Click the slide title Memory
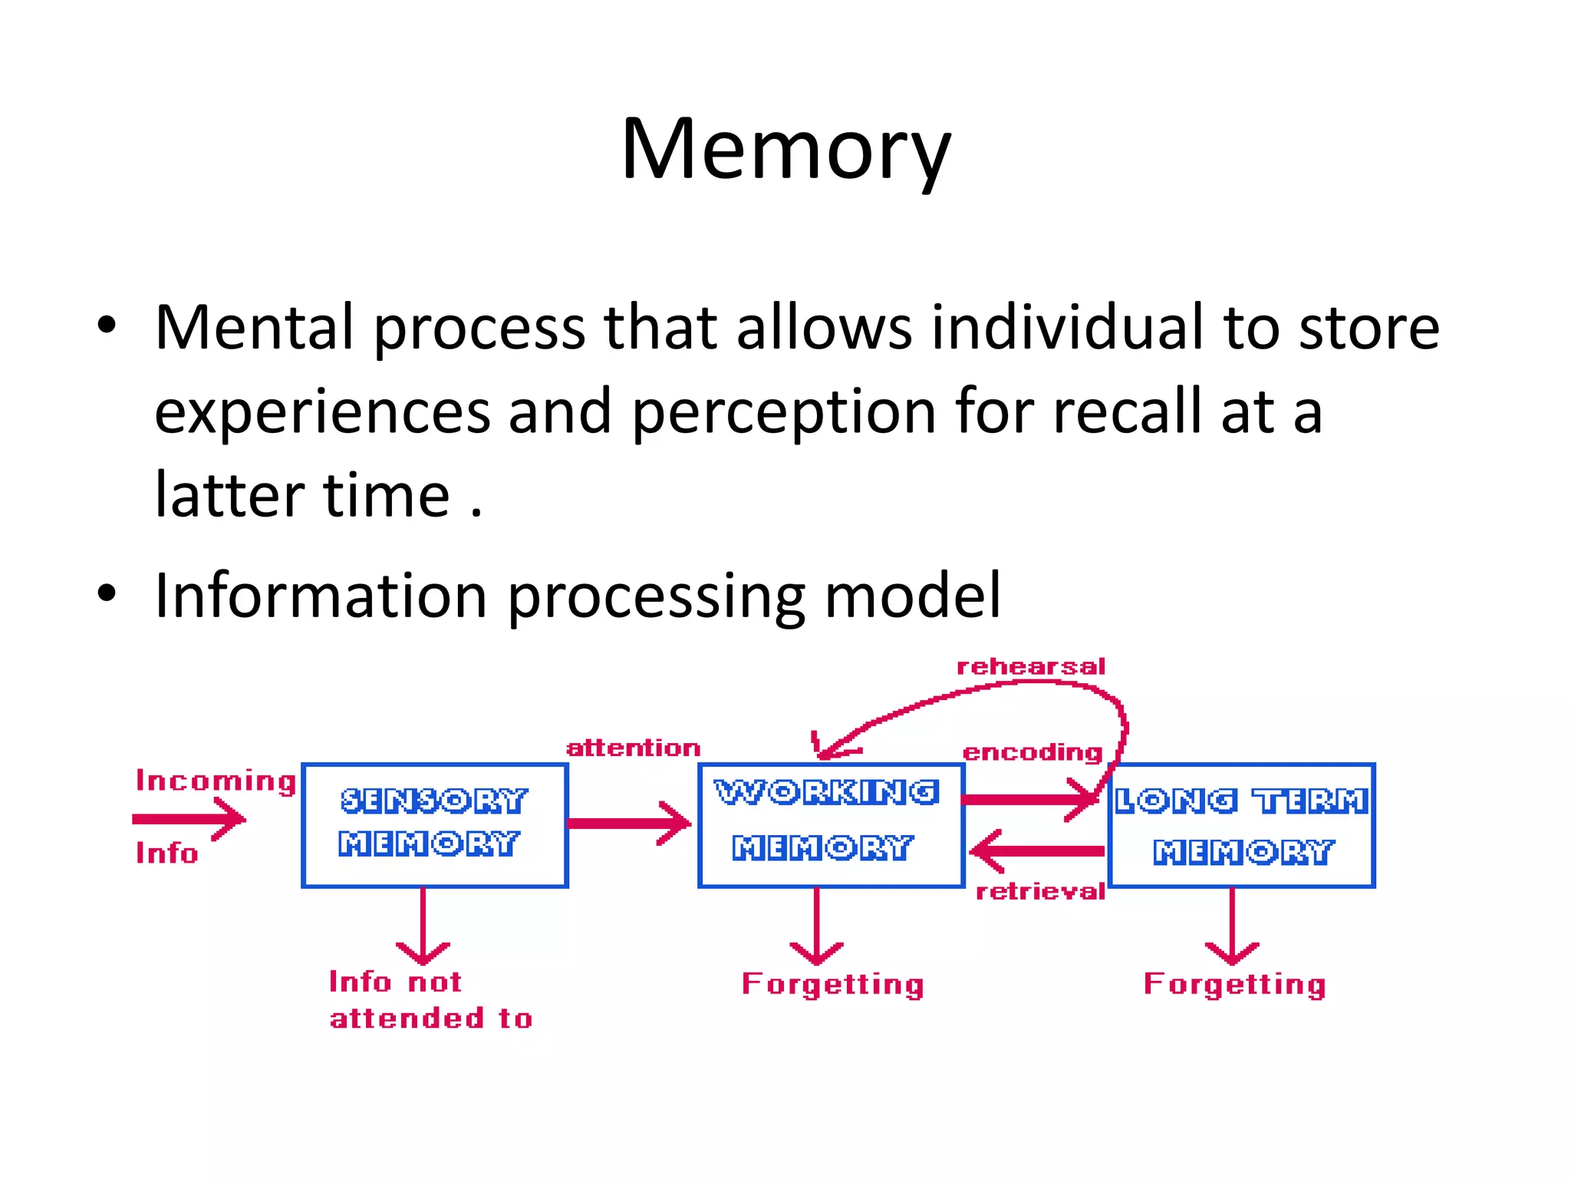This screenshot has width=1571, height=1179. click(x=785, y=149)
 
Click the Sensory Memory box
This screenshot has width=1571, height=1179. click(x=434, y=824)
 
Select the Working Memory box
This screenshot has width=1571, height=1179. click(x=830, y=824)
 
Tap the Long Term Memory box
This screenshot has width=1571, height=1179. click(x=1241, y=826)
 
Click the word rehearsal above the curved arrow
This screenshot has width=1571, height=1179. click(x=1030, y=666)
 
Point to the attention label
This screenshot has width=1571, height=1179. click(x=633, y=748)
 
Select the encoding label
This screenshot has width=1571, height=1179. click(x=1032, y=752)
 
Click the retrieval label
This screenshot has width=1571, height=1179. click(x=1039, y=891)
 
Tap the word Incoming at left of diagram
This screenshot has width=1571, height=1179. click(x=216, y=781)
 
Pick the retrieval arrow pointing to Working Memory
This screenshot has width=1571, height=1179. click(x=1036, y=850)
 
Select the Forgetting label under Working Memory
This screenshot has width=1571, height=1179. click(x=832, y=985)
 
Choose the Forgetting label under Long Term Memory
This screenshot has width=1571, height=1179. click(x=1234, y=985)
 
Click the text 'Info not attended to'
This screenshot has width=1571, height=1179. click(x=430, y=1000)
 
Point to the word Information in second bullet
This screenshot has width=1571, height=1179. click(x=321, y=596)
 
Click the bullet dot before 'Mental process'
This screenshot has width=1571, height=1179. click(x=107, y=325)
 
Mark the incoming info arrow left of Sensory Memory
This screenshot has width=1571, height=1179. click(x=189, y=819)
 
